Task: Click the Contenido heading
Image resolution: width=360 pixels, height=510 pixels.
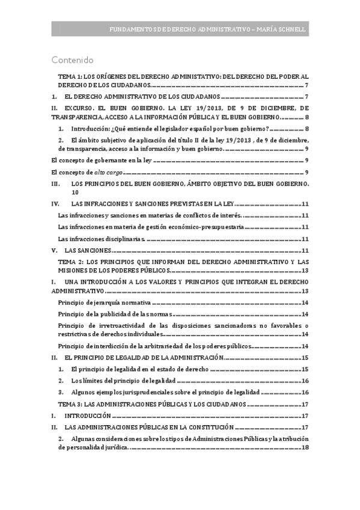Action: coord(73,60)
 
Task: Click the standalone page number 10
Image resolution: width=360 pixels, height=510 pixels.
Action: coord(75,193)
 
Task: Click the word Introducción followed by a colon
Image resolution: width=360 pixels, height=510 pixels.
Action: coord(90,129)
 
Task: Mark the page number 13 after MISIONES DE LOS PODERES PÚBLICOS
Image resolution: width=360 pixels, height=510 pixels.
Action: coord(305,271)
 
